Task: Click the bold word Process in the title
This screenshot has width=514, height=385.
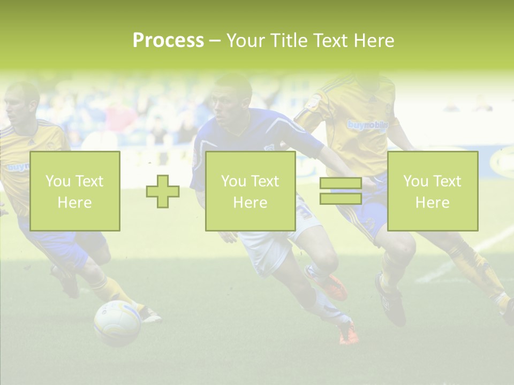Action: tap(168, 41)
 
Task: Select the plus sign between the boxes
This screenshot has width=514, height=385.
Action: tap(163, 191)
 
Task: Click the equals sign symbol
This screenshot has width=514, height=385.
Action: tap(341, 191)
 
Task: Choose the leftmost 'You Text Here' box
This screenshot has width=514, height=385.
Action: tap(74, 191)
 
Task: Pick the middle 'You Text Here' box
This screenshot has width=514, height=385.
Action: tap(250, 191)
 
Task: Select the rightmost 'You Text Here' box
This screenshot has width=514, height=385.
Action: tap(432, 191)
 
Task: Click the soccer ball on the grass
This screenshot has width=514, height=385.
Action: tap(117, 322)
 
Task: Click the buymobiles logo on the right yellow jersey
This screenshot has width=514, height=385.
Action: tap(367, 125)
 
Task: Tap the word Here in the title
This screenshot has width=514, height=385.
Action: tap(373, 41)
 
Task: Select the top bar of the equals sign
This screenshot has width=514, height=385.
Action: tap(341, 183)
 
